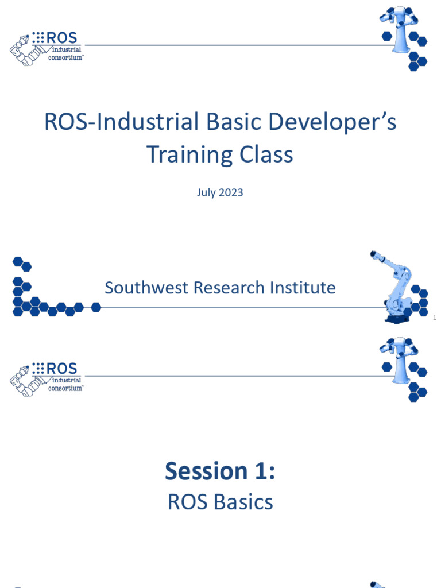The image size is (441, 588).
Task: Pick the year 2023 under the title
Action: click(230, 192)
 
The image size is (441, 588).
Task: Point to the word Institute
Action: click(304, 288)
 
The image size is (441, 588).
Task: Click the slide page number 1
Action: click(435, 318)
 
